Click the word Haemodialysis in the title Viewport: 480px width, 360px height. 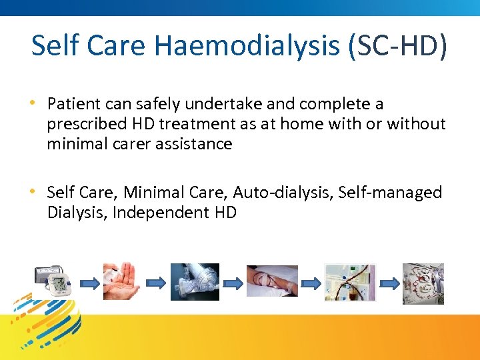(246, 46)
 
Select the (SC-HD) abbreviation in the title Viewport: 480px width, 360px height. (396, 46)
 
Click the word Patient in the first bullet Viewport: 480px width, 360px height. (73, 104)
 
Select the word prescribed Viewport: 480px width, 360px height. (83, 124)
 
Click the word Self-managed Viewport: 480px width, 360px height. (390, 193)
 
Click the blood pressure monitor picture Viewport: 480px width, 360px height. (53, 282)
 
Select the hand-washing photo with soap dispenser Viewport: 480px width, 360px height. (121, 281)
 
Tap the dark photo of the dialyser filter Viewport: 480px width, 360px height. (195, 281)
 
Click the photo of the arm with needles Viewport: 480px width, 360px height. (272, 281)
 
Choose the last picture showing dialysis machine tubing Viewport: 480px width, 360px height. (423, 283)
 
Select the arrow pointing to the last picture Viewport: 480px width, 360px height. (387, 283)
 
